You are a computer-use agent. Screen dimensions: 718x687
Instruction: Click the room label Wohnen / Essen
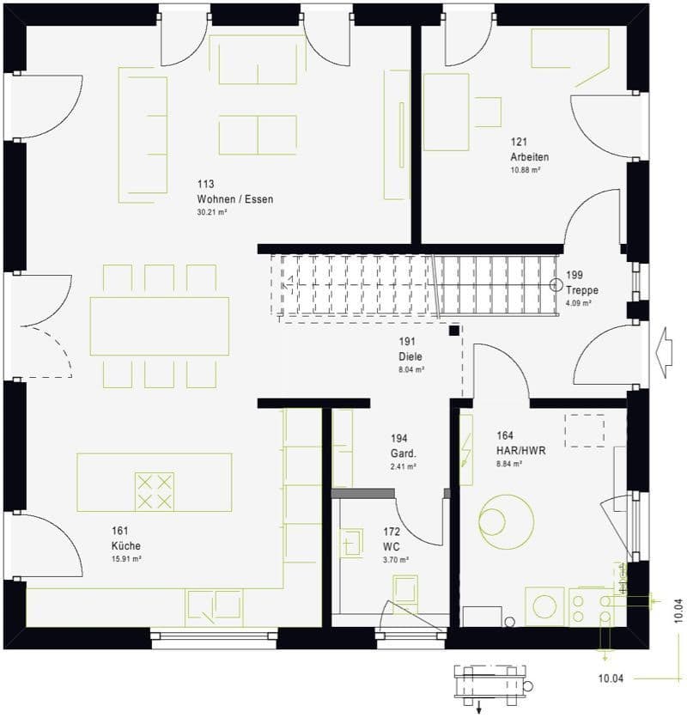tap(234, 199)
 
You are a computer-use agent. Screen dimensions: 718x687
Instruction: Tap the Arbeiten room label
tap(529, 157)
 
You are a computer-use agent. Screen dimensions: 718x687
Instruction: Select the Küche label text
tap(125, 545)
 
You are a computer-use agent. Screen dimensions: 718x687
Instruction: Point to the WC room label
tap(392, 546)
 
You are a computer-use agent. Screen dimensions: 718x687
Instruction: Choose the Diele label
tap(410, 356)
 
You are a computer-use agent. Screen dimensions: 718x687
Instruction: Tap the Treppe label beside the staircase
tap(581, 290)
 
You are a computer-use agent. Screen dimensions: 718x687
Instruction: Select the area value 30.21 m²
tap(211, 212)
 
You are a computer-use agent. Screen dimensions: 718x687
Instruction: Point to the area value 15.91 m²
tap(126, 558)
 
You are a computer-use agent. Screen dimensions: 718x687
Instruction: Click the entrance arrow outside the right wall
tap(662, 350)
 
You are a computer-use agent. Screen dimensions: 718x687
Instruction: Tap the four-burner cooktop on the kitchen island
tap(154, 490)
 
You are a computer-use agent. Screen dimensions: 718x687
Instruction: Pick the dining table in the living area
tap(160, 326)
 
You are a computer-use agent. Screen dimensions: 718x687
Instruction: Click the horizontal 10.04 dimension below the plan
tap(611, 678)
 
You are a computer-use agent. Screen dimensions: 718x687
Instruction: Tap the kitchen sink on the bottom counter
tap(204, 607)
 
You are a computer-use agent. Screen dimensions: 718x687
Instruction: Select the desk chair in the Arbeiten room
tap(487, 112)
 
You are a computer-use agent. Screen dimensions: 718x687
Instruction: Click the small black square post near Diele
tap(453, 330)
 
